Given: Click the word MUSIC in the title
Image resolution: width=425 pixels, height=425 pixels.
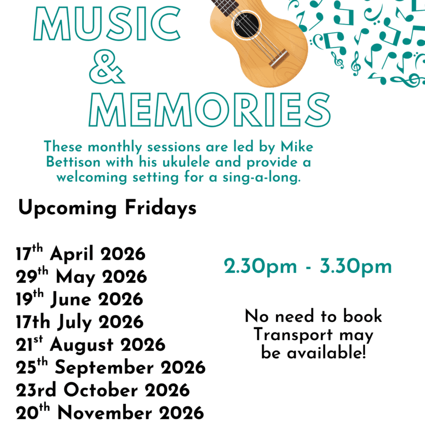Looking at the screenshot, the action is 107,23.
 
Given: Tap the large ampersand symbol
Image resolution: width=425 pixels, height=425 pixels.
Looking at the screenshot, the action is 107,66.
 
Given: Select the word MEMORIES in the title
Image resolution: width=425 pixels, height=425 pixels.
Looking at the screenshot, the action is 209,109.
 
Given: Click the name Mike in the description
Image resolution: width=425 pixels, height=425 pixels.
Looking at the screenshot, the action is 297,146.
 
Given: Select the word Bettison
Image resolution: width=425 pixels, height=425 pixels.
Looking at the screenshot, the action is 73,162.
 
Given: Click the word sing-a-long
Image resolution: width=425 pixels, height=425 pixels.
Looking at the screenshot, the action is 261,177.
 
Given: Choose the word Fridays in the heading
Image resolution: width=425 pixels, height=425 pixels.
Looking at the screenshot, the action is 160,208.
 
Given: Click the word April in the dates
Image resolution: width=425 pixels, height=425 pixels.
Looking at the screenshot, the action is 71,254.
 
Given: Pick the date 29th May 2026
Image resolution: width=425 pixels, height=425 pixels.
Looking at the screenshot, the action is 81,276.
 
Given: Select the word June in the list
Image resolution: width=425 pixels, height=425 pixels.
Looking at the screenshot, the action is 71,299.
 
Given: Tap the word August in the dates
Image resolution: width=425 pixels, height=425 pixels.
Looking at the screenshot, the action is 81,345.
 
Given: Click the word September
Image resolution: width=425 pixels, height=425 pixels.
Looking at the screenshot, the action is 104,368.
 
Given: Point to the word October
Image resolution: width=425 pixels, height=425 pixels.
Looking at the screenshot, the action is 101,390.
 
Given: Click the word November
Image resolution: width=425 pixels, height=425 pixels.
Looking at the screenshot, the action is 104,413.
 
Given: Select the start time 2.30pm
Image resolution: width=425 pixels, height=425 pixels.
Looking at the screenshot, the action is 260,266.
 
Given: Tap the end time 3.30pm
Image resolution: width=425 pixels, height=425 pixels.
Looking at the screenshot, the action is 356,266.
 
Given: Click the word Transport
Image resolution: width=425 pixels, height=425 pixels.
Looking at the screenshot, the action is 293,334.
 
